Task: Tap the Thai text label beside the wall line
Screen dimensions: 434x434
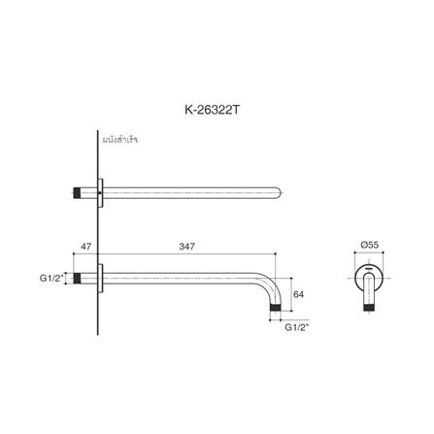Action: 120,140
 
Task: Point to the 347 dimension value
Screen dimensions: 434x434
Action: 187,248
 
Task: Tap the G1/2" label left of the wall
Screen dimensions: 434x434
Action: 51,280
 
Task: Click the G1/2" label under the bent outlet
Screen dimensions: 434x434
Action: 296,327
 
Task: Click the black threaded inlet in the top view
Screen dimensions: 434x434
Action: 80,190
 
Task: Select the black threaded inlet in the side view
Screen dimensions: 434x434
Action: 80,280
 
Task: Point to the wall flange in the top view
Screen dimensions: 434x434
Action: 100,190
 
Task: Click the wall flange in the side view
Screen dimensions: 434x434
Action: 100,280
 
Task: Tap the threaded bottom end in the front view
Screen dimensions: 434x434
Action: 374,310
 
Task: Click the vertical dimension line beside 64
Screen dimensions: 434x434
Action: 289,293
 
